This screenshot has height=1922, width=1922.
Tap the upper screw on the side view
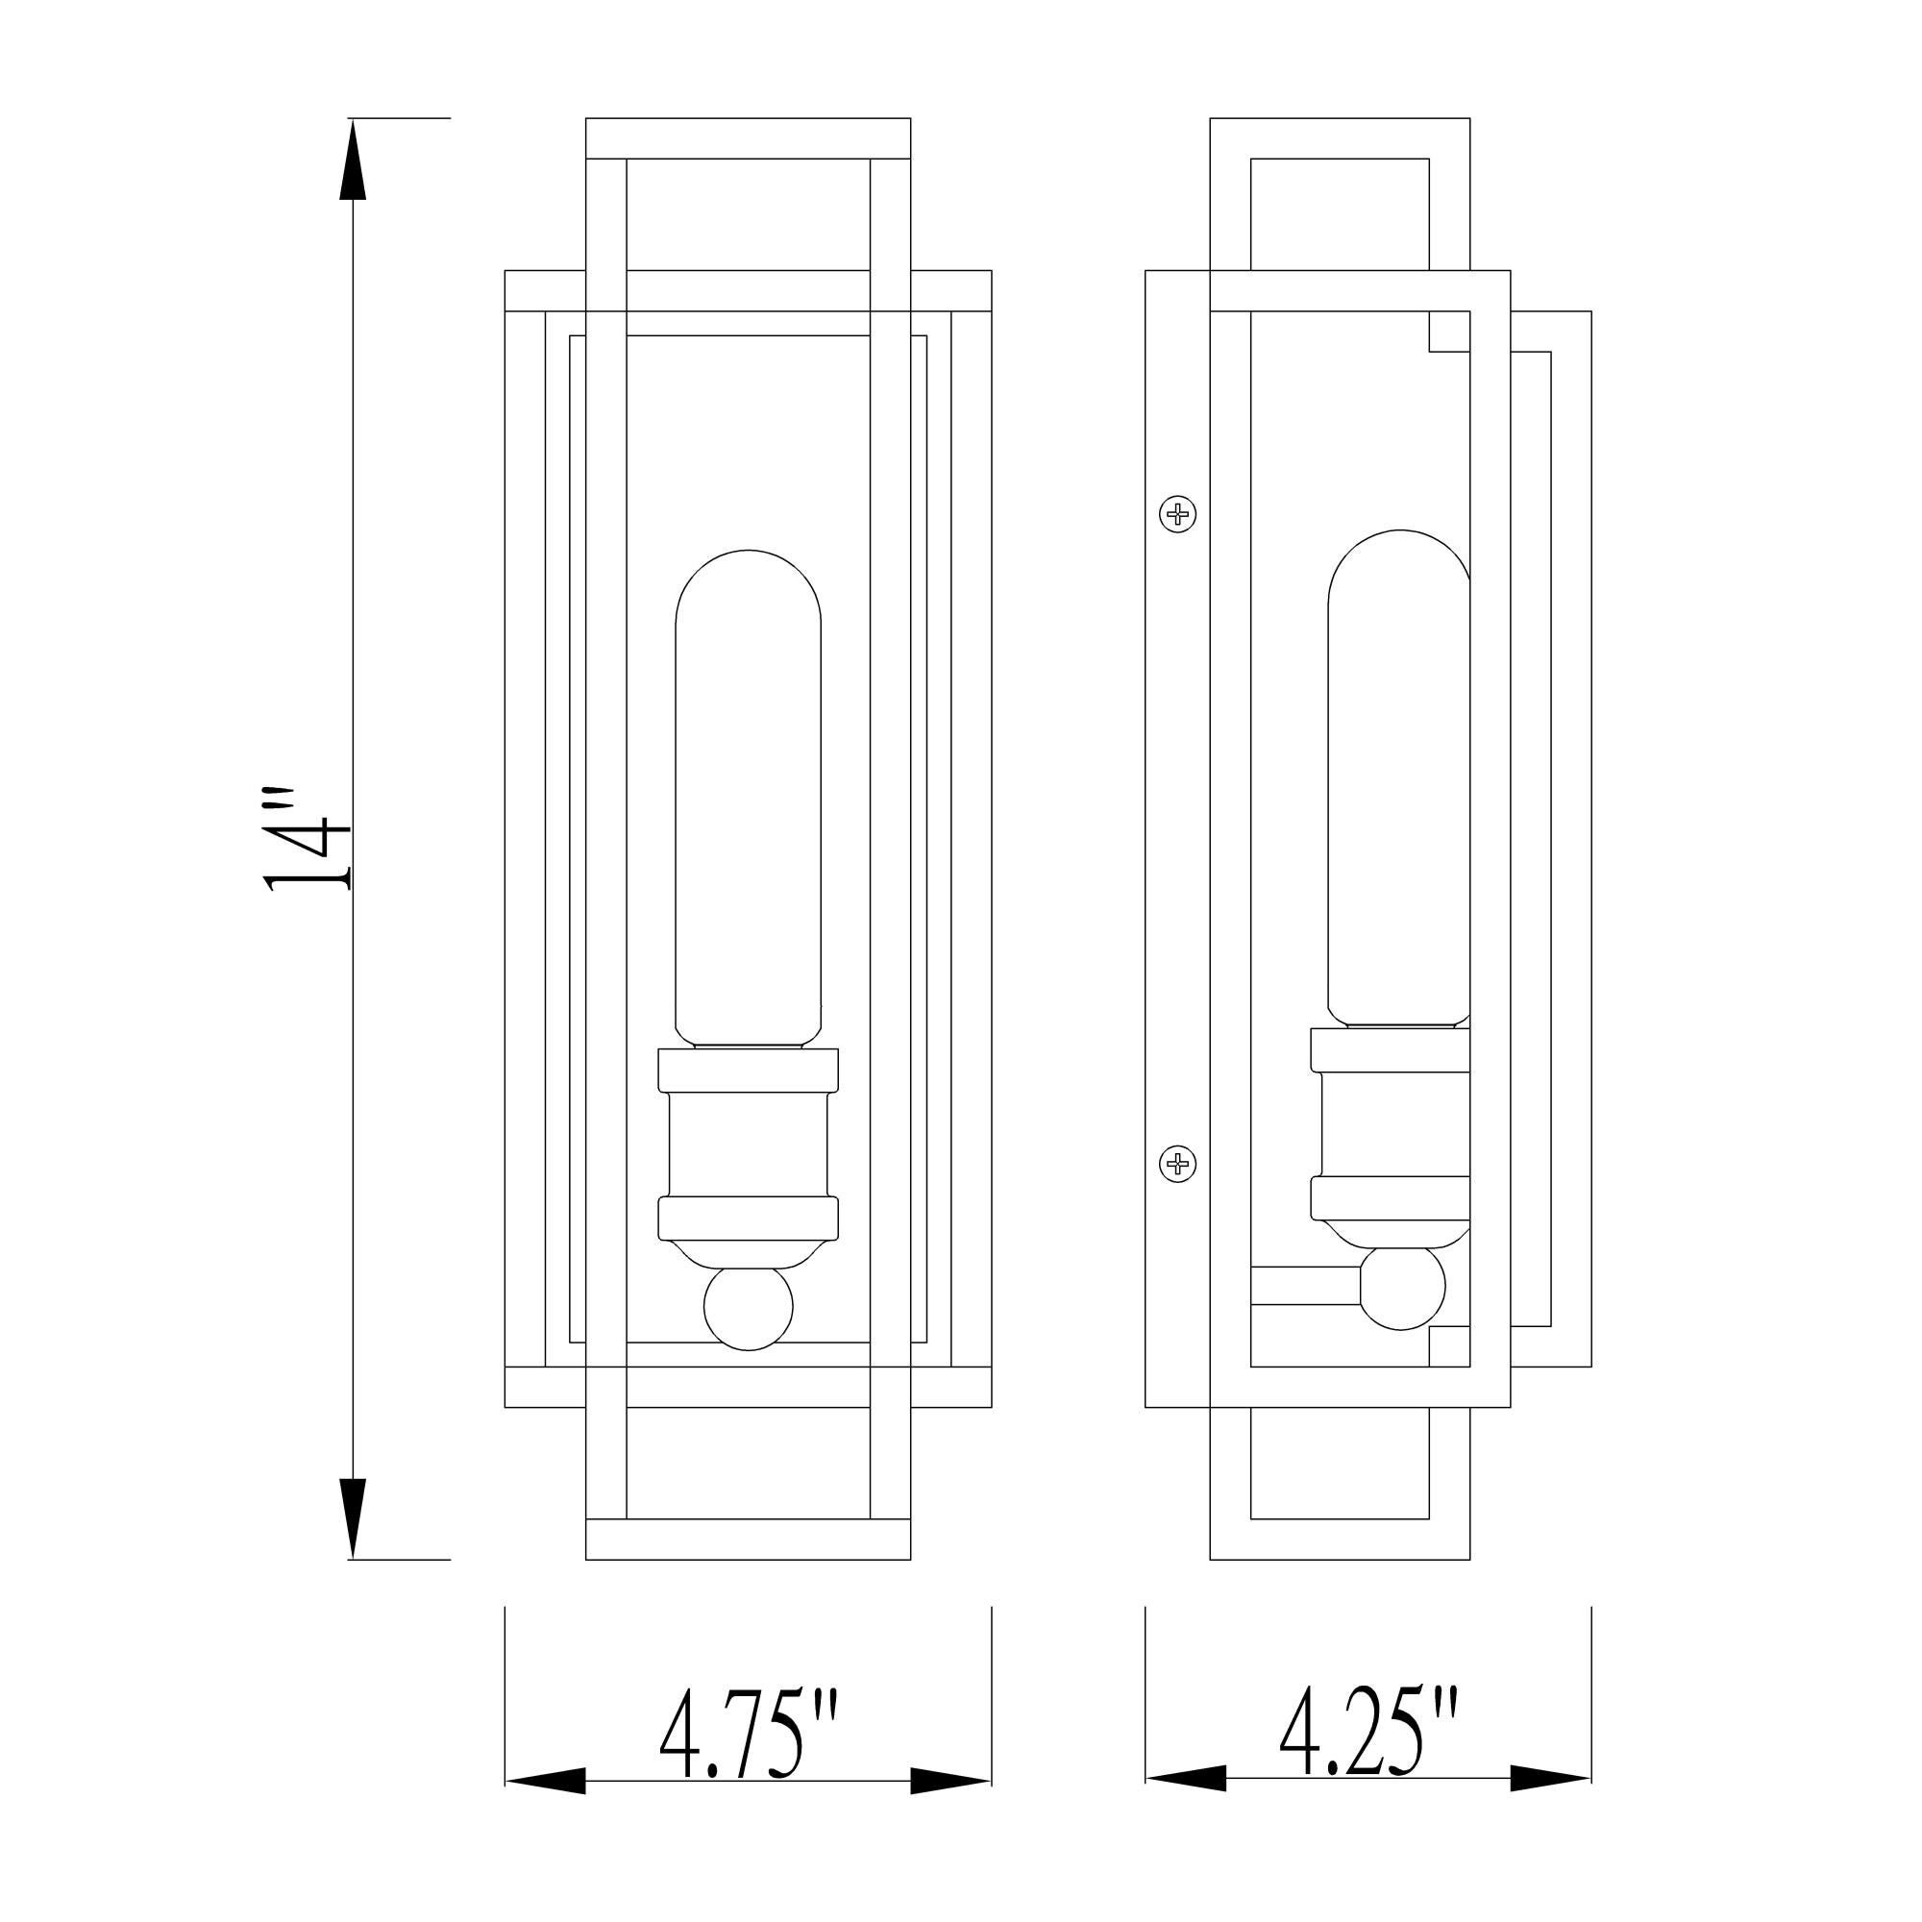pos(1178,514)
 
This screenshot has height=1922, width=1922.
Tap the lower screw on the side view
pos(1178,1163)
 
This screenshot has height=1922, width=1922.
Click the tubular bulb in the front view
pos(748,796)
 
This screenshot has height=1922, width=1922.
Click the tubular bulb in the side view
pos(1397,776)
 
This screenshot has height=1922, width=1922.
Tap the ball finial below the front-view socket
pos(748,1307)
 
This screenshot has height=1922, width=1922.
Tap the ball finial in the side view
pos(1401,1287)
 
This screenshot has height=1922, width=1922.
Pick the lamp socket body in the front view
pos(748,1144)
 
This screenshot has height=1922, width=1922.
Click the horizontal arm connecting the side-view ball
pos(1305,1285)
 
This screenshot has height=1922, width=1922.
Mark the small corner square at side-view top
pos(1449,332)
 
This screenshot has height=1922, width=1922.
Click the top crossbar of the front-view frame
pos(748,138)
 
